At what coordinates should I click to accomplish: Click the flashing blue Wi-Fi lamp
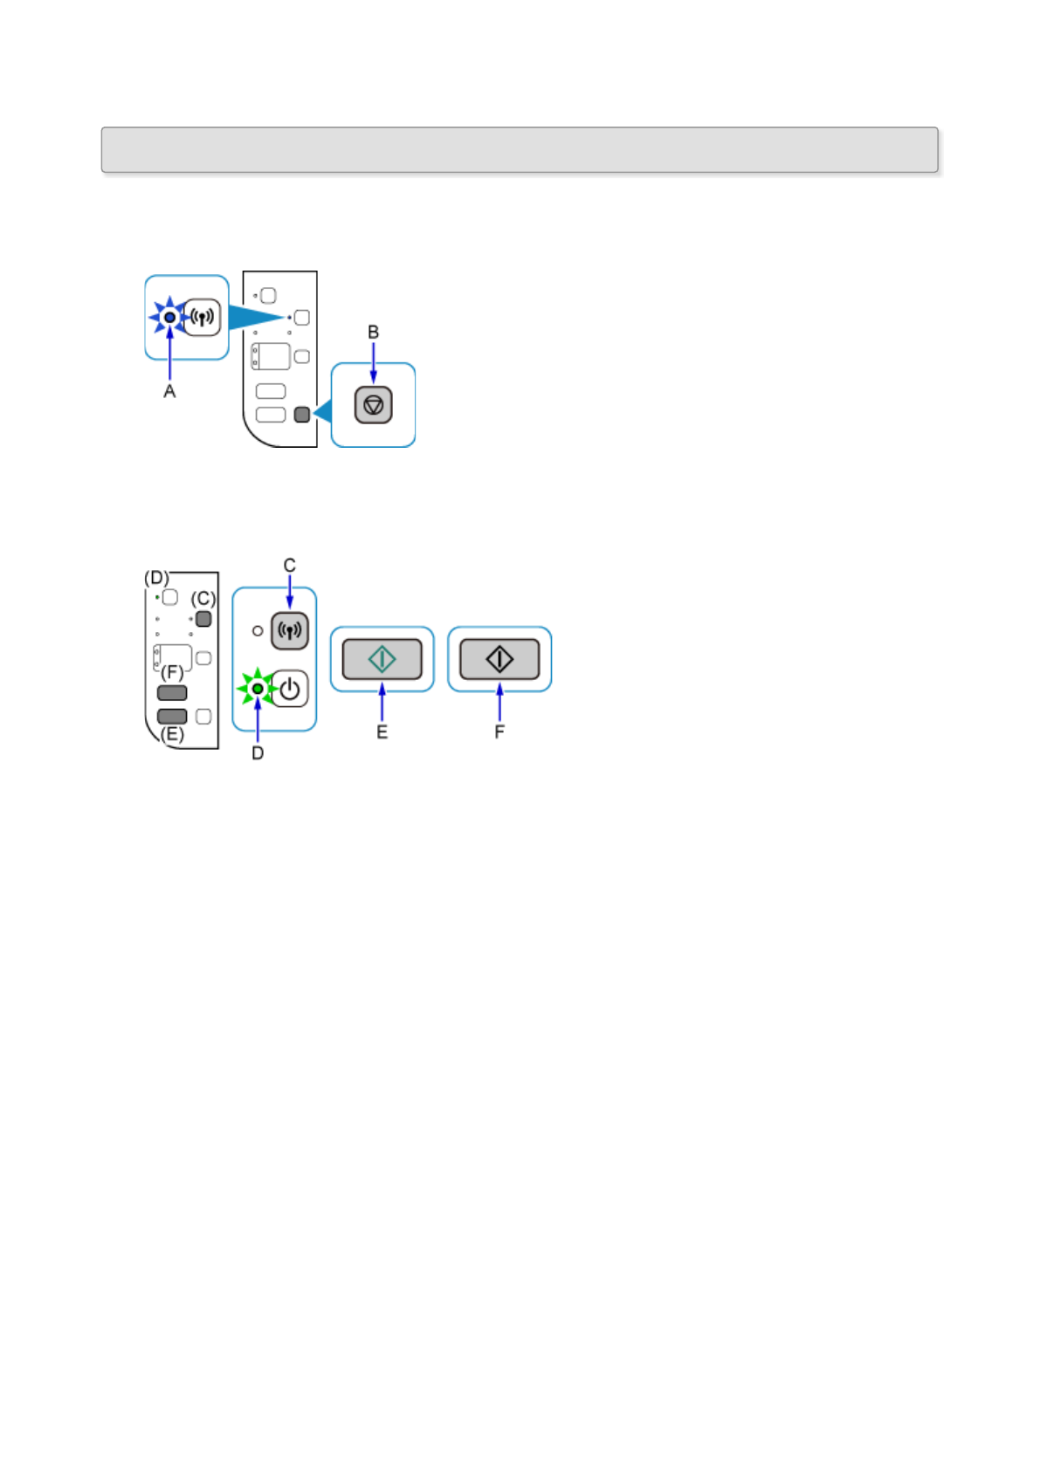pyautogui.click(x=169, y=317)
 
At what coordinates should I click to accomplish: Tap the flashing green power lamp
pyautogui.click(x=258, y=689)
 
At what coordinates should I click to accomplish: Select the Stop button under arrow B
pyautogui.click(x=374, y=405)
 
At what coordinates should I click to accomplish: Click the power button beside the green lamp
pyautogui.click(x=290, y=689)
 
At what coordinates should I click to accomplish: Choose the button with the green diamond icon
pyautogui.click(x=382, y=659)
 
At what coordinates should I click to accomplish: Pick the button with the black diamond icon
pyautogui.click(x=499, y=659)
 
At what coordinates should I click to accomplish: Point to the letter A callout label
pyautogui.click(x=169, y=392)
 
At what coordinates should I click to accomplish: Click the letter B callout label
pyautogui.click(x=374, y=333)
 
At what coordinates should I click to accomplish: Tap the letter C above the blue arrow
pyautogui.click(x=290, y=566)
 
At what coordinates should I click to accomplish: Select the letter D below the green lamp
pyautogui.click(x=258, y=753)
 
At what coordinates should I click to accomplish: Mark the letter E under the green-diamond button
pyautogui.click(x=382, y=732)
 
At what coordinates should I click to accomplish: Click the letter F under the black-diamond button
pyautogui.click(x=499, y=732)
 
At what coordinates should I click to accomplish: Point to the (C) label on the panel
pyautogui.click(x=203, y=599)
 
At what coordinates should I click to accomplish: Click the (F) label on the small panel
pyautogui.click(x=172, y=673)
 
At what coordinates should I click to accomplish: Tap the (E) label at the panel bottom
pyautogui.click(x=172, y=734)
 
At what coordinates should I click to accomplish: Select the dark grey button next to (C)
pyautogui.click(x=203, y=619)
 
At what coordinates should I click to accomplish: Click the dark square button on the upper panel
pyautogui.click(x=302, y=415)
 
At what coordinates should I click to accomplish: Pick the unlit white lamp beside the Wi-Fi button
pyautogui.click(x=258, y=630)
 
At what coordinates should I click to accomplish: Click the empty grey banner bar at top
pyautogui.click(x=520, y=150)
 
